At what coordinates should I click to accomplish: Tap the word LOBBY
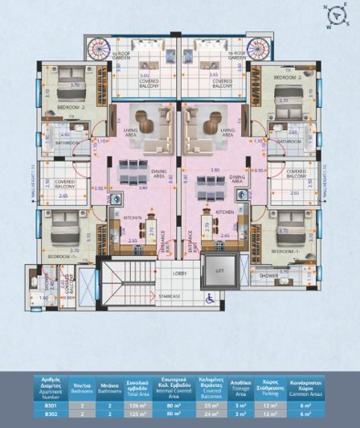click(180, 273)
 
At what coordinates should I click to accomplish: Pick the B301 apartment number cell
click(51, 406)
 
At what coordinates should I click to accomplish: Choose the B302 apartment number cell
click(51, 416)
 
